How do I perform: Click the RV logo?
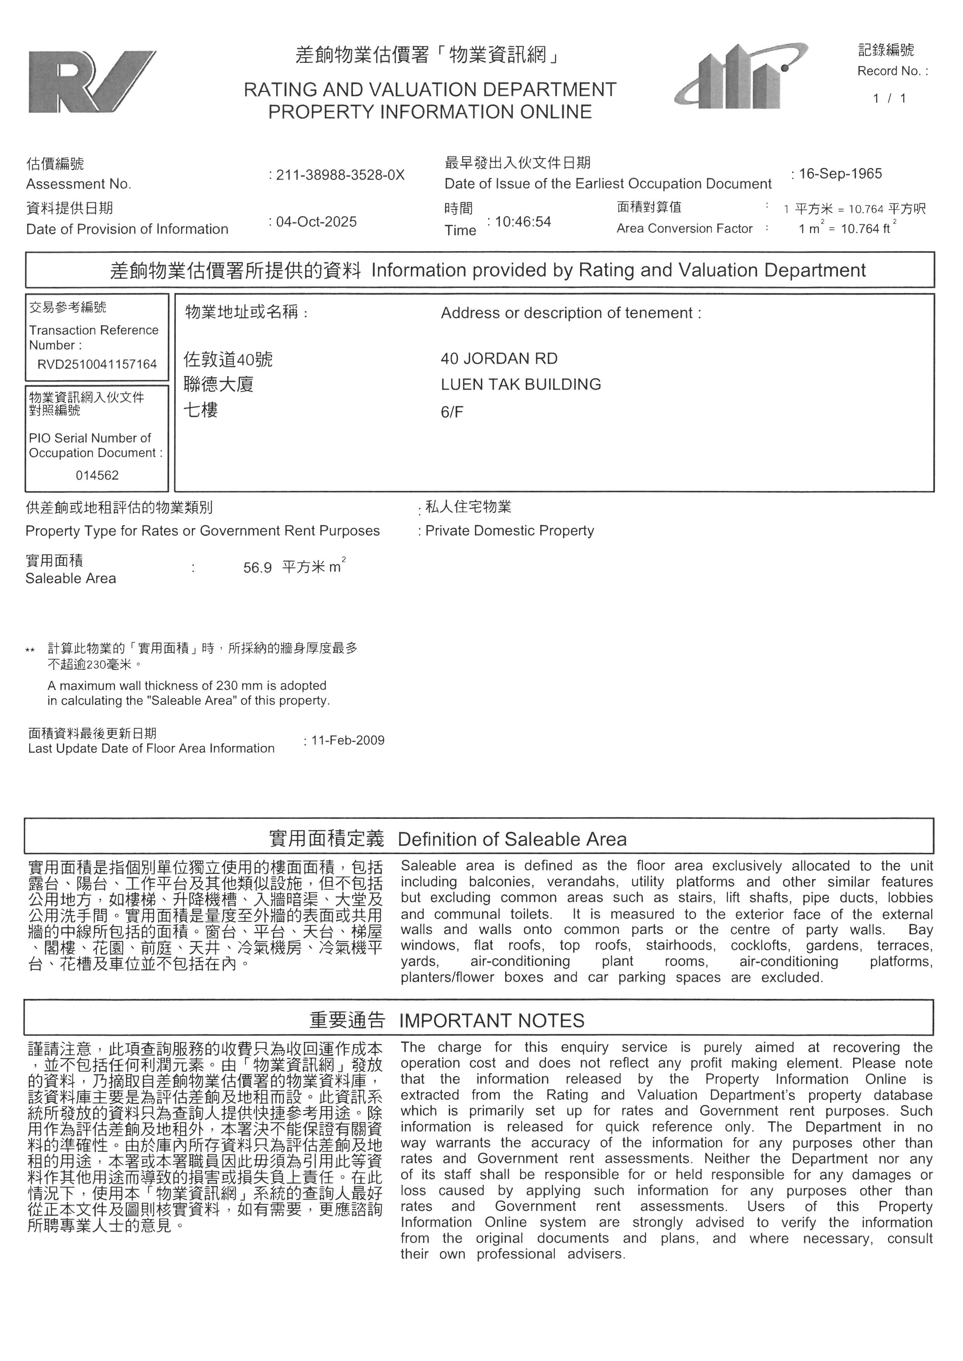92,82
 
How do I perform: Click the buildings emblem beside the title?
740,77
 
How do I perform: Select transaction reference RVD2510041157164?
97,364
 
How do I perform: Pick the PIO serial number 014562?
97,475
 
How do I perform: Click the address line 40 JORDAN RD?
499,359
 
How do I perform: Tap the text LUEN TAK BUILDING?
521,385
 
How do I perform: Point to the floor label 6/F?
452,412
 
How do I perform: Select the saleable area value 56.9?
257,568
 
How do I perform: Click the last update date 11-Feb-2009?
348,740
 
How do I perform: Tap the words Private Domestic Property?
509,531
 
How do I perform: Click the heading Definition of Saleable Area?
512,839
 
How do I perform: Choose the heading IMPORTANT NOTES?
492,1021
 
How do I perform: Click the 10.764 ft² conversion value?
866,229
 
